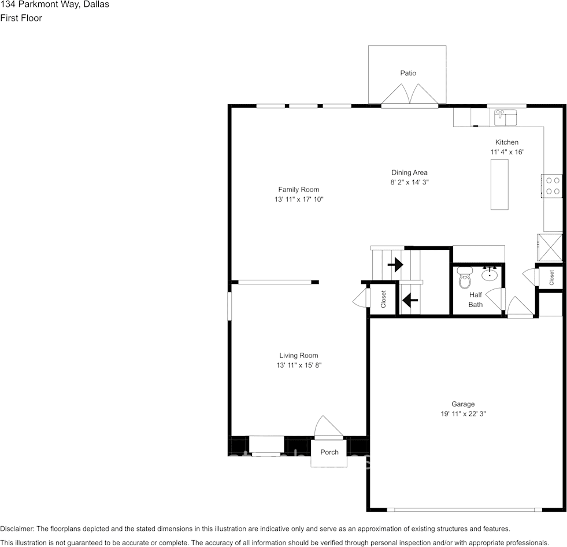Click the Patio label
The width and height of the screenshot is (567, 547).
coord(408,73)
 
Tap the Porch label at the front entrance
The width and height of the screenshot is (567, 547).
coord(329,452)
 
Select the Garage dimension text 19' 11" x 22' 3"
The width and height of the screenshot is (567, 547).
coord(463,414)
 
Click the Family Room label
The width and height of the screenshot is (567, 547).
coord(299,190)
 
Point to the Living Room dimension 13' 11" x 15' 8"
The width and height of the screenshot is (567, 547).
coord(299,365)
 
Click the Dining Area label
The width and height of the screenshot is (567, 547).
coord(409,172)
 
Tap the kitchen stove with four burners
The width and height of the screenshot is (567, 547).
coord(553,186)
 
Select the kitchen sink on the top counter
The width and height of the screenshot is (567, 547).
coord(505,117)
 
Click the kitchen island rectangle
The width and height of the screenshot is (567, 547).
coord(499,184)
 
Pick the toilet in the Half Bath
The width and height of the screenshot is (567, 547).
coord(465,279)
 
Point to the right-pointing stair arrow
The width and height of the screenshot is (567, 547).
coord(395,265)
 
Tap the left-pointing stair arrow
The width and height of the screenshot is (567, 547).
coord(410,300)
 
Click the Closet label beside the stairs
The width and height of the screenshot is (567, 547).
coord(383,299)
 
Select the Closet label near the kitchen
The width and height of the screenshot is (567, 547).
coord(551,278)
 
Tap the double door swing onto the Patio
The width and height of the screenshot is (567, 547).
coord(409,94)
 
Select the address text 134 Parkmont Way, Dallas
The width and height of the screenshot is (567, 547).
coord(54,5)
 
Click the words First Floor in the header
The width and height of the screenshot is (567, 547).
coord(21,18)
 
